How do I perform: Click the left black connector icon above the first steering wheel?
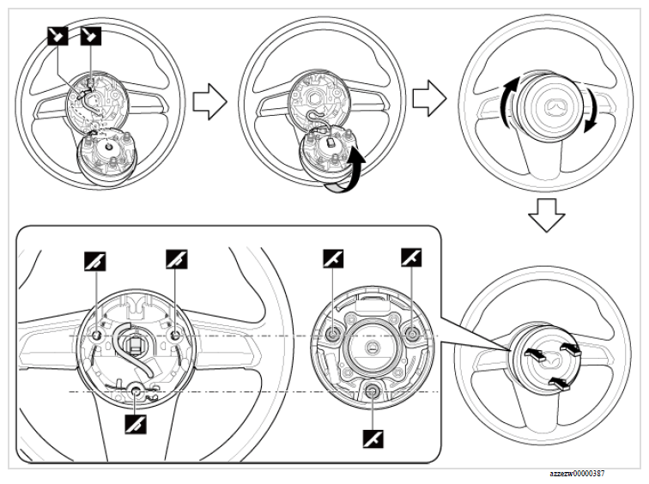(55, 35)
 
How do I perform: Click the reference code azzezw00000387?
(591, 473)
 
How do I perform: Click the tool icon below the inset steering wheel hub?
(134, 422)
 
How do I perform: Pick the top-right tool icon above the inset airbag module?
(411, 257)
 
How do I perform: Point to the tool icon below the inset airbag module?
(373, 439)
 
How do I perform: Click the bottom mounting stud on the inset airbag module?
(372, 392)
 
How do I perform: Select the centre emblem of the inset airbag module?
(372, 344)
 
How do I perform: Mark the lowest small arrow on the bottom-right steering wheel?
(558, 378)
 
